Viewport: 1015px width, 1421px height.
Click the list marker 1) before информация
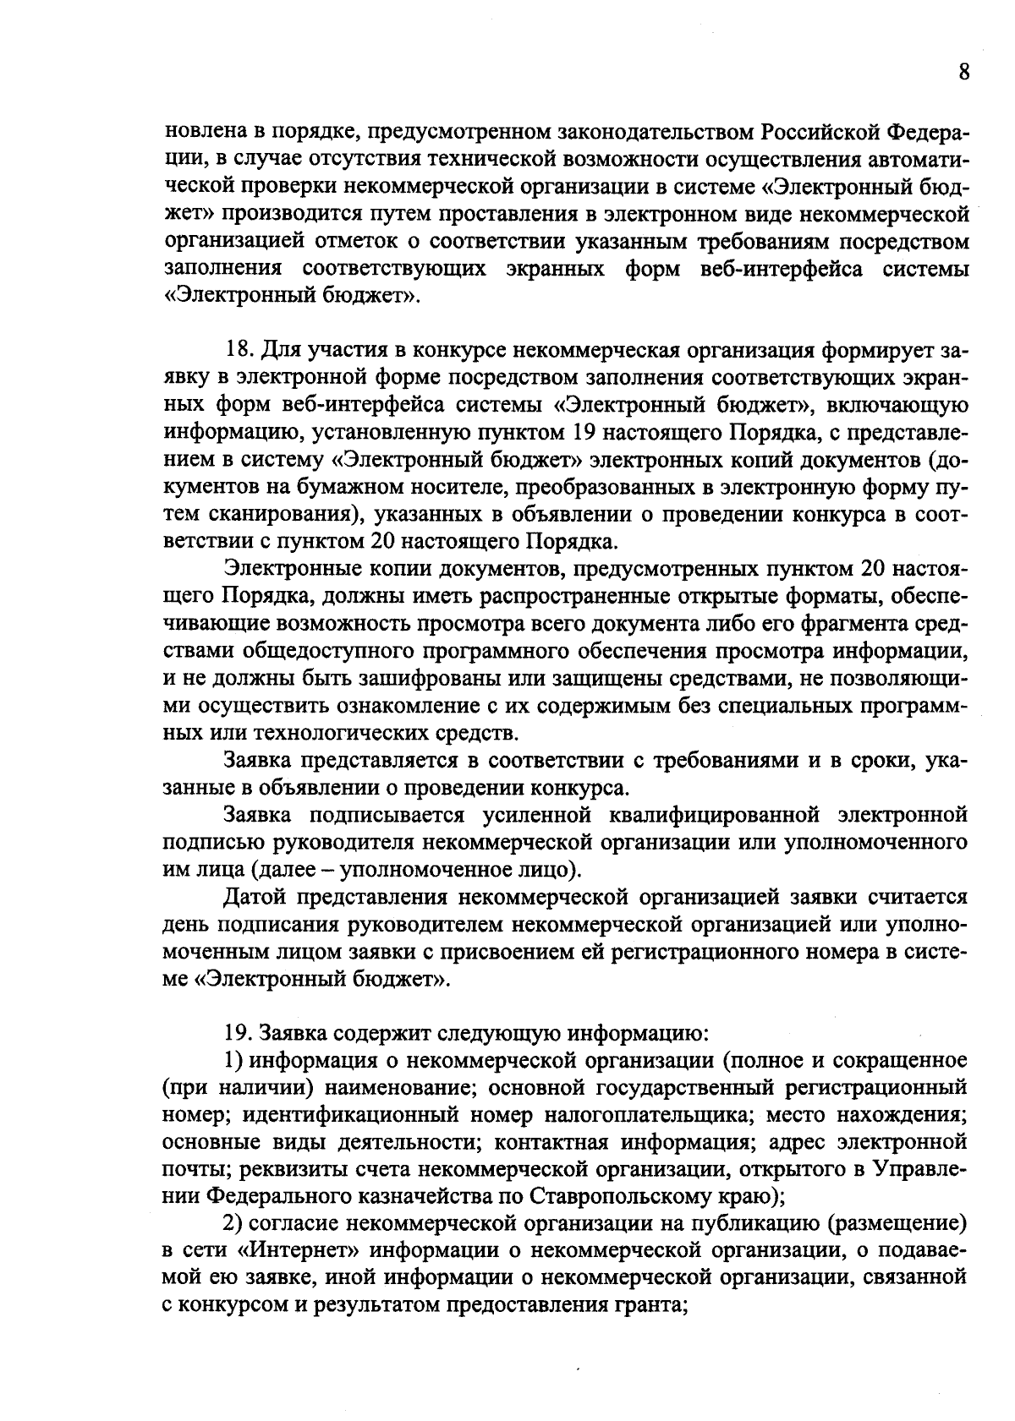(x=233, y=1061)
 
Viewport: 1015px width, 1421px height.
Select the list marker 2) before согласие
(x=233, y=1224)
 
